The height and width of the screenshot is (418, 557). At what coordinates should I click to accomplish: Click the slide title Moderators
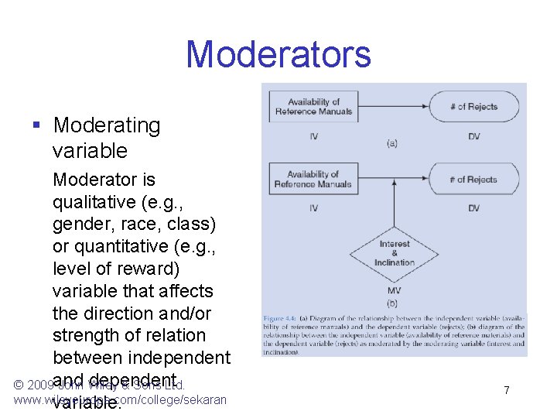tap(278, 55)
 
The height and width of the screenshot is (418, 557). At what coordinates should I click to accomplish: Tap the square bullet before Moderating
tap(36, 125)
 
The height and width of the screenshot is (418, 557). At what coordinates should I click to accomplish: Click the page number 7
tap(506, 390)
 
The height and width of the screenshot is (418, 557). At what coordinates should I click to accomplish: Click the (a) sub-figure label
tap(392, 142)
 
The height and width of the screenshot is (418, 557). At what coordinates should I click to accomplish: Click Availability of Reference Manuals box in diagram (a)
tap(313, 107)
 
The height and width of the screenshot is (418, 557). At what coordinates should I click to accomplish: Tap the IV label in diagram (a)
tap(313, 137)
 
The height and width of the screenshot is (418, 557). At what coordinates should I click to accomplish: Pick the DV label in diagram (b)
tap(474, 208)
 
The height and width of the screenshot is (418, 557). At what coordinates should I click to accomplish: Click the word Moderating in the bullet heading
tap(107, 125)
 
